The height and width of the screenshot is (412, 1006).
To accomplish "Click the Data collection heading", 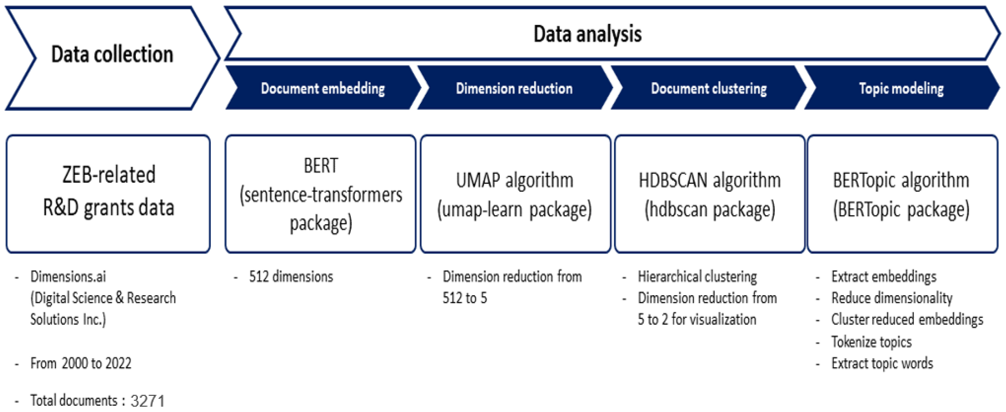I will [112, 54].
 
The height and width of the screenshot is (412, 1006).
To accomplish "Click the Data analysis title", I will [587, 34].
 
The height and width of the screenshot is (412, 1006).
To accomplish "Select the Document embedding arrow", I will [323, 88].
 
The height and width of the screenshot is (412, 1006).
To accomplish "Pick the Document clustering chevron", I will [708, 88].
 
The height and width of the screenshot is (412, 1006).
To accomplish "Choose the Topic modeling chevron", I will [901, 88].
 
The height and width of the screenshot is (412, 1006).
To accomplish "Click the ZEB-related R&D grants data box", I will [108, 194].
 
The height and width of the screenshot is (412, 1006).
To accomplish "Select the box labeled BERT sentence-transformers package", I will [321, 194].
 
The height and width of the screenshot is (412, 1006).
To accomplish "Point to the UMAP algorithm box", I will [515, 194].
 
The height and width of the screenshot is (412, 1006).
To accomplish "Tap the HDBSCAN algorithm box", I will [709, 194].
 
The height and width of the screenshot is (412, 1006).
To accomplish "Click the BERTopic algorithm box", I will [901, 194].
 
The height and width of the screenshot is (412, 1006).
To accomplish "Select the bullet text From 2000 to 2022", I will [81, 363].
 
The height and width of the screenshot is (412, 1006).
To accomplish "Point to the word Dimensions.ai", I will [68, 276].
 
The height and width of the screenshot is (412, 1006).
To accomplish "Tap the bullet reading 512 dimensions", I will [291, 276].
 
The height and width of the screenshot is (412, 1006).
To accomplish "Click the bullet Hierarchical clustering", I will [697, 276].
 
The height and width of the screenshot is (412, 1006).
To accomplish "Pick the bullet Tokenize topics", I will [871, 342].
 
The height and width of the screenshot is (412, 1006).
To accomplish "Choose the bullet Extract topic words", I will [882, 363].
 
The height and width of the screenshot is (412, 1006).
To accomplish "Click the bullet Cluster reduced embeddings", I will [907, 319].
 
